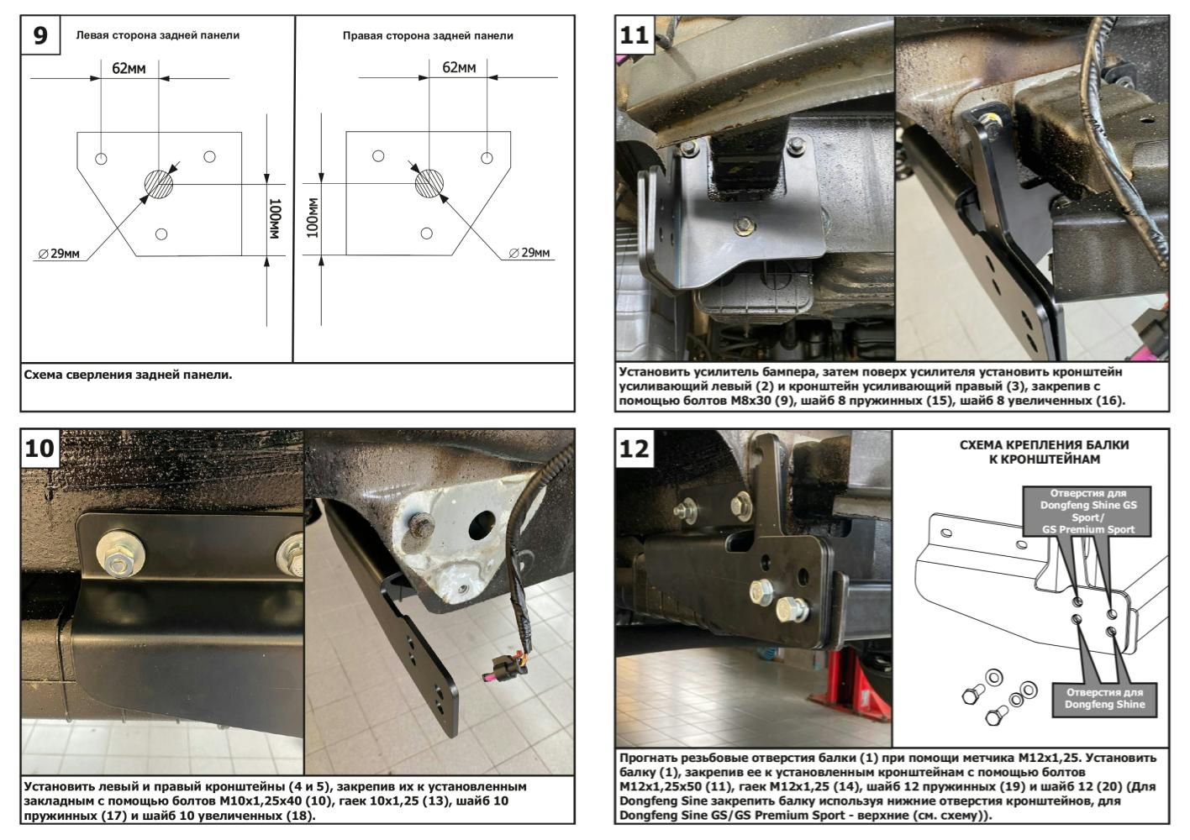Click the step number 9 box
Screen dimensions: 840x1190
click(40, 35)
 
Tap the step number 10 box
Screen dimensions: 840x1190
click(39, 448)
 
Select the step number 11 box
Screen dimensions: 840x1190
click(634, 35)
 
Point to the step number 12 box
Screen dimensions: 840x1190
click(634, 449)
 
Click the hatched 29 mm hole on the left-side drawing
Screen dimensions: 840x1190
click(158, 183)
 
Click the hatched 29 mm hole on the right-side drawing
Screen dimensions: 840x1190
click(429, 183)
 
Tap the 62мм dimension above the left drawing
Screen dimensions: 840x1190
click(129, 68)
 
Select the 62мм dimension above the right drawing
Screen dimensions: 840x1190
click(459, 67)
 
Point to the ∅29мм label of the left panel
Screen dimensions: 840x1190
click(59, 253)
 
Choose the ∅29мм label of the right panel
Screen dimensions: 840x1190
click(529, 253)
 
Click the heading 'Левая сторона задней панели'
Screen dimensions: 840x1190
click(157, 35)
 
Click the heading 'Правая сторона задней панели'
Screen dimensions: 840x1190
click(428, 35)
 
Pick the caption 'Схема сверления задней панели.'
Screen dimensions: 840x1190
click(128, 375)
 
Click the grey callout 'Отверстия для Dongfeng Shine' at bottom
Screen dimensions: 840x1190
click(1104, 698)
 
